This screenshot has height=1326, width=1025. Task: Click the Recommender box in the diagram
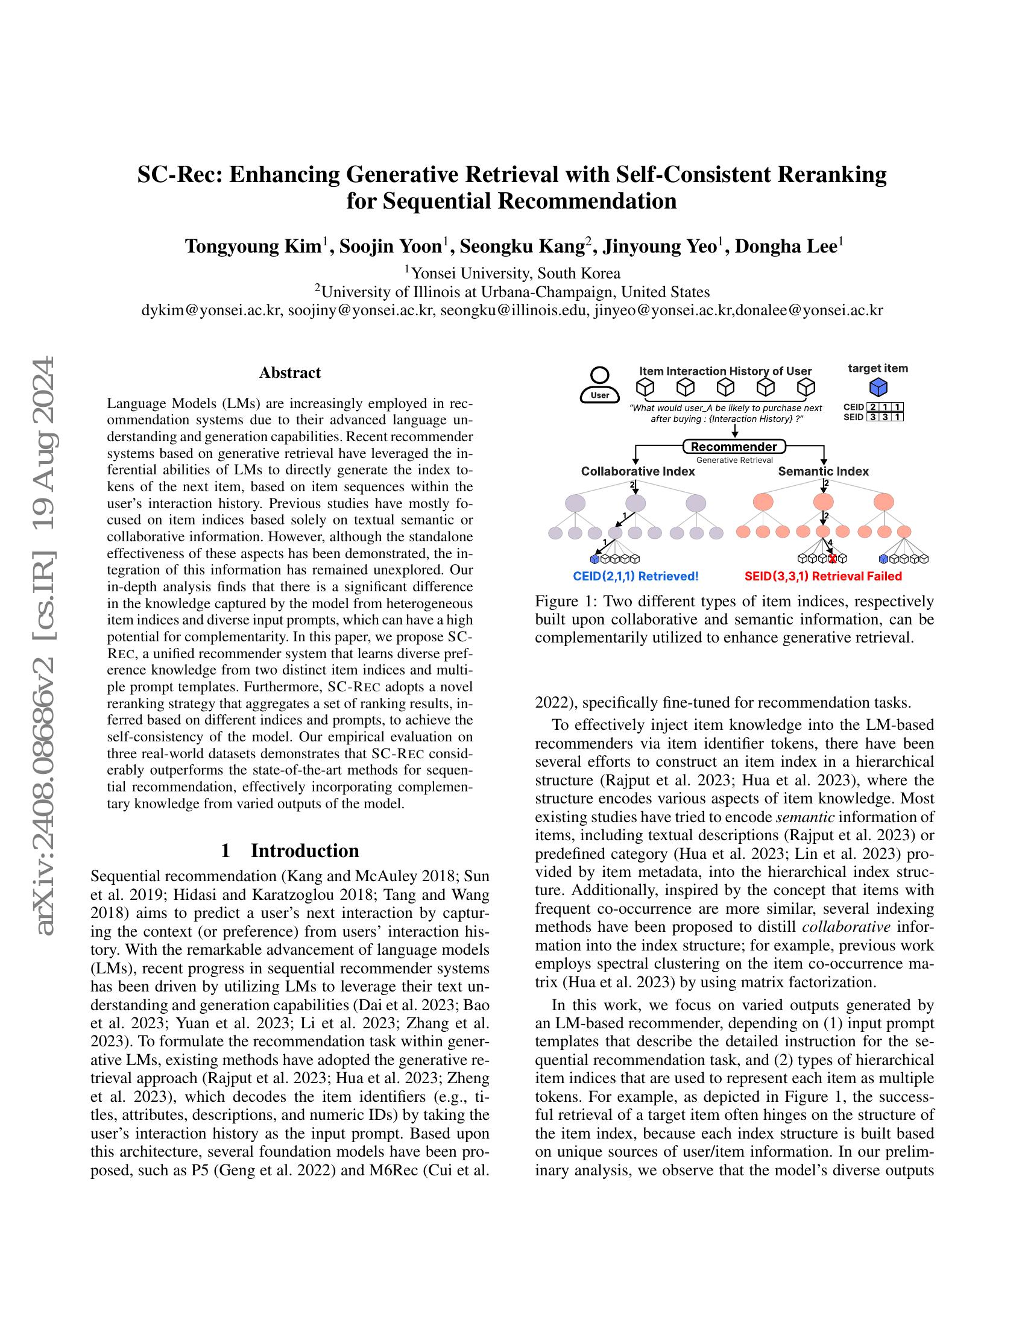click(x=734, y=447)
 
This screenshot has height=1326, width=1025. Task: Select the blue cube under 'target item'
click(x=878, y=387)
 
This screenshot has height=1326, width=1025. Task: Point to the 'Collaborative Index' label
click(x=637, y=471)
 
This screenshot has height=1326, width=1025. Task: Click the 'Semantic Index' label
click(x=823, y=471)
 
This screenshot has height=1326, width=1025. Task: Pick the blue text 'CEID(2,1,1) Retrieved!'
click(x=635, y=576)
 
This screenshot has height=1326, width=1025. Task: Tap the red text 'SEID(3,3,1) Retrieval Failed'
click(x=823, y=576)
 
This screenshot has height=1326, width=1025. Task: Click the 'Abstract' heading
click(x=289, y=372)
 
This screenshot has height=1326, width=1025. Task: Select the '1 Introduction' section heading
click(x=289, y=850)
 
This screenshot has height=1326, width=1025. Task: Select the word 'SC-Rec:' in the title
click(x=178, y=174)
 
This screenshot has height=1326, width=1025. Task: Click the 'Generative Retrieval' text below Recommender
click(x=734, y=460)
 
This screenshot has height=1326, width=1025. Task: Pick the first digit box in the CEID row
click(x=872, y=407)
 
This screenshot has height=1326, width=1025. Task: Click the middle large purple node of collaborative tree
click(x=635, y=503)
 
